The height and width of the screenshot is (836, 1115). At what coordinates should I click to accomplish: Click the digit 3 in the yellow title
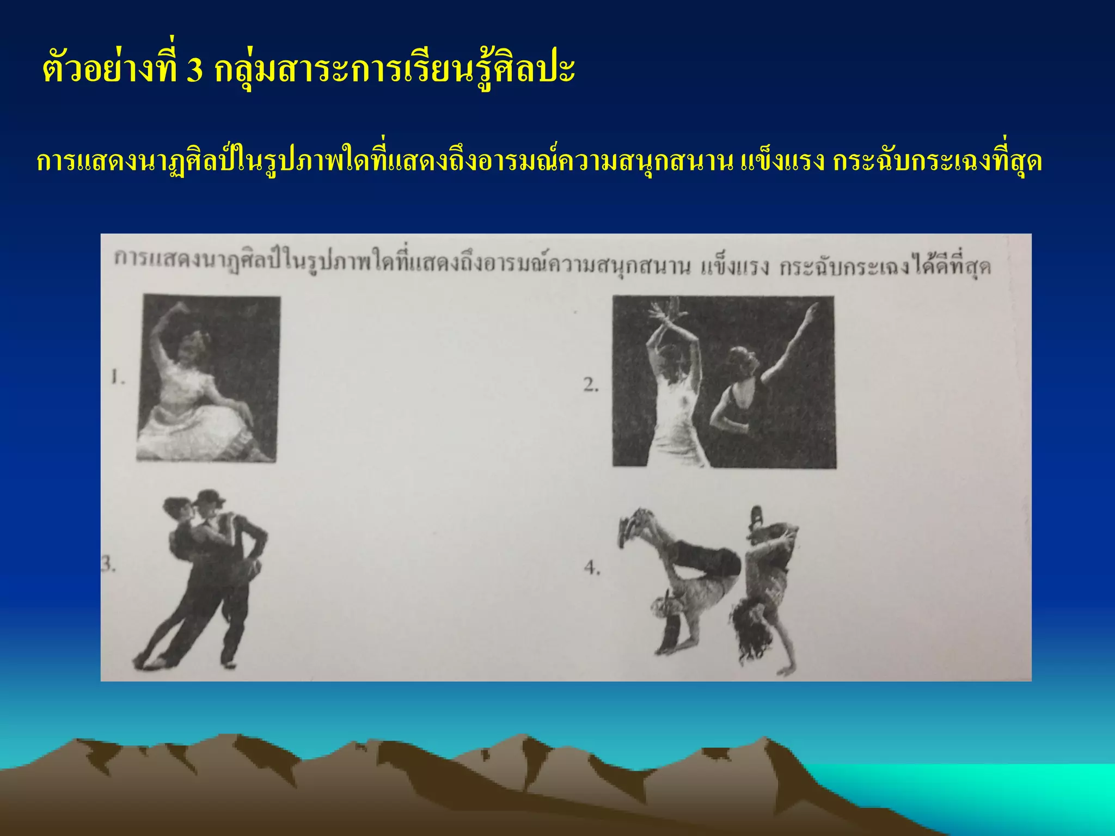click(194, 71)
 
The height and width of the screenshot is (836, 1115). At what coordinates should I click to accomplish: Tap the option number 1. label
click(118, 377)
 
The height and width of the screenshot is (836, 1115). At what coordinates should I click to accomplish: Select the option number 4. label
click(592, 568)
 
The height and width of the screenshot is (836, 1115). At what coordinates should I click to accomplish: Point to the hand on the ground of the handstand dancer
click(784, 669)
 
